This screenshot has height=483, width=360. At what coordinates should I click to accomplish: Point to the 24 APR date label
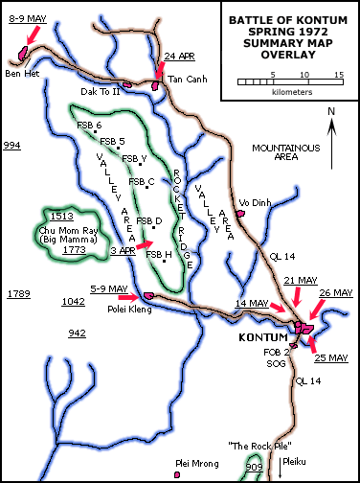tap(181, 56)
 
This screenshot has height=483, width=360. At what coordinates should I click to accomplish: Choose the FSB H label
tap(159, 255)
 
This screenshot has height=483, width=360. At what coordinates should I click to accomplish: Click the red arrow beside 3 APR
tap(143, 246)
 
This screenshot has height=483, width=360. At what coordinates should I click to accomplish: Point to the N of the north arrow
tap(330, 111)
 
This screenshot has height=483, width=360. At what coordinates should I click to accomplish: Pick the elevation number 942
tap(78, 333)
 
